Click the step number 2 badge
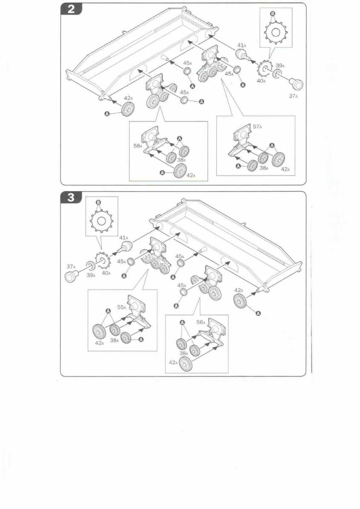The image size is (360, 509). (x=71, y=9)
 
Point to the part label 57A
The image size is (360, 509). (x=257, y=127)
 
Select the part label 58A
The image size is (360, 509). (x=138, y=146)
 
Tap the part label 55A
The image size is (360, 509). (x=121, y=307)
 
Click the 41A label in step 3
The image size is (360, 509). (x=124, y=237)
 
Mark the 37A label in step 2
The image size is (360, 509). (x=294, y=96)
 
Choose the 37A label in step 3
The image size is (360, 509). (x=71, y=266)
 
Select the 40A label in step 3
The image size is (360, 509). (x=106, y=273)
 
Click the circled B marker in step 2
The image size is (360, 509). (x=273, y=13)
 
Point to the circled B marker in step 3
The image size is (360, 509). (x=98, y=202)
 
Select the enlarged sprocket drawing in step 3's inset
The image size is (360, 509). (x=101, y=221)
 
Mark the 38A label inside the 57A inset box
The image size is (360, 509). (x=264, y=168)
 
